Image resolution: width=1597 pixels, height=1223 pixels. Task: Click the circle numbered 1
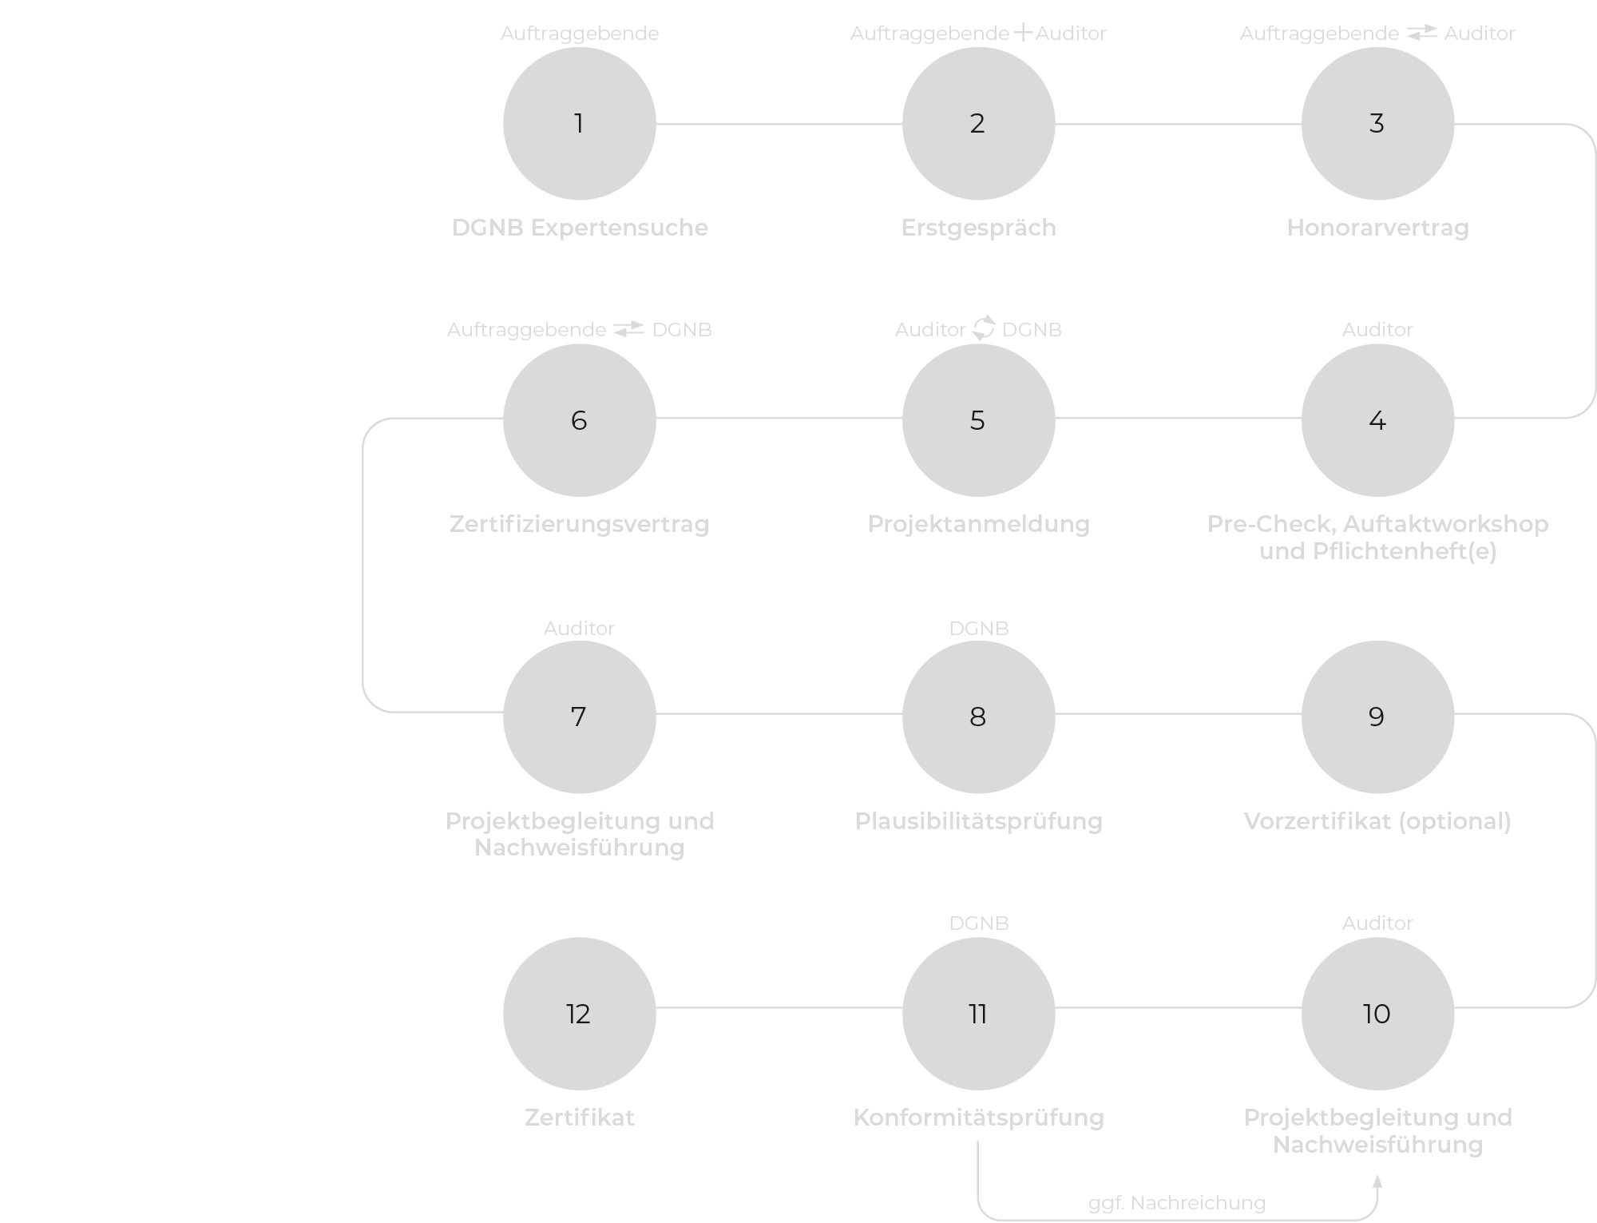[579, 124]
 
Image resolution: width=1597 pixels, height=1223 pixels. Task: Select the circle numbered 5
[978, 420]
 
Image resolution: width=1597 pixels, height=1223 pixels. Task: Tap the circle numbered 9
[1377, 717]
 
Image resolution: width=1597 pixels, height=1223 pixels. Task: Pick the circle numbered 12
[579, 1013]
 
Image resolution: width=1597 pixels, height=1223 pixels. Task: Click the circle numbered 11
[978, 1013]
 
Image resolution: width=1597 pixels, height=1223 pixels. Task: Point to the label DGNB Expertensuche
[580, 228]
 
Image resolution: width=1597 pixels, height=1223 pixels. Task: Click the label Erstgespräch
[978, 228]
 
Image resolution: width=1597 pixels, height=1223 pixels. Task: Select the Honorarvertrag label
[1377, 228]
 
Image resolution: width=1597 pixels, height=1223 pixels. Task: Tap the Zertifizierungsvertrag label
[579, 524]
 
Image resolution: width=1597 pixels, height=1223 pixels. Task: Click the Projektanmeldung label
[978, 524]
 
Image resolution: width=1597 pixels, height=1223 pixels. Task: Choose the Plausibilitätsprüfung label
[978, 821]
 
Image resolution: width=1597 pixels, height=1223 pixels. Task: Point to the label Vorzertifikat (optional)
[1377, 821]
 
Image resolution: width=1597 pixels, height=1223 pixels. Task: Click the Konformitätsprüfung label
[978, 1117]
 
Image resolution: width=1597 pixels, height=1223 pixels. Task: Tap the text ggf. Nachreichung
[1176, 1202]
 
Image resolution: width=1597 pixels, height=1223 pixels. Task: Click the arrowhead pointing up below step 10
[1377, 1182]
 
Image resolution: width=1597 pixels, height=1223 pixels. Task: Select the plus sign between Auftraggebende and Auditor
[1022, 34]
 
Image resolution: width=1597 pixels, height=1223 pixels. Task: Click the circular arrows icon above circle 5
[983, 328]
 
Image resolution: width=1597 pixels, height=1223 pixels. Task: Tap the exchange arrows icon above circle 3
[1421, 33]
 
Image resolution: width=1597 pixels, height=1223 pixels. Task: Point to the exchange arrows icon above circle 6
[628, 329]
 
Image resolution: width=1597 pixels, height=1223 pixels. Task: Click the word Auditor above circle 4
[1377, 329]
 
